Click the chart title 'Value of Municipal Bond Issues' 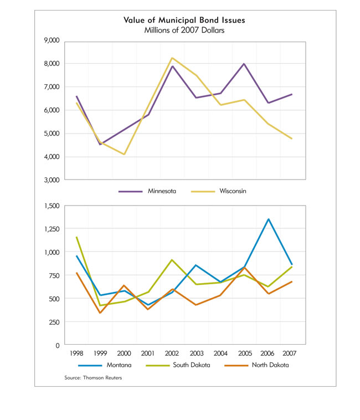point(184,20)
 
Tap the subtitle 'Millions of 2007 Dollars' point(184,30)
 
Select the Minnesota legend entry point(147,191)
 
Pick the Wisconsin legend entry point(218,191)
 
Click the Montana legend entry point(105,365)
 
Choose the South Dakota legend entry point(178,365)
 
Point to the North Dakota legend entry point(256,365)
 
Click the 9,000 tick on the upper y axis point(52,40)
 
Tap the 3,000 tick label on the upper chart point(52,180)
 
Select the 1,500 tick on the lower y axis point(52,206)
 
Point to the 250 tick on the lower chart point(54,322)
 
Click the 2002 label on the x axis point(172,354)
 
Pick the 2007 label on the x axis point(289,354)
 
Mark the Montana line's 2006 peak point(269,219)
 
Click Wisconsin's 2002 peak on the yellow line point(172,58)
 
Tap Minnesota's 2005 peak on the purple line point(244,64)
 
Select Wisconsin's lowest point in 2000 point(124,154)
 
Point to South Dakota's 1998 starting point point(76,237)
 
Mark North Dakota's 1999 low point point(100,313)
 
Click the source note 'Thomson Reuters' point(102,378)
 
